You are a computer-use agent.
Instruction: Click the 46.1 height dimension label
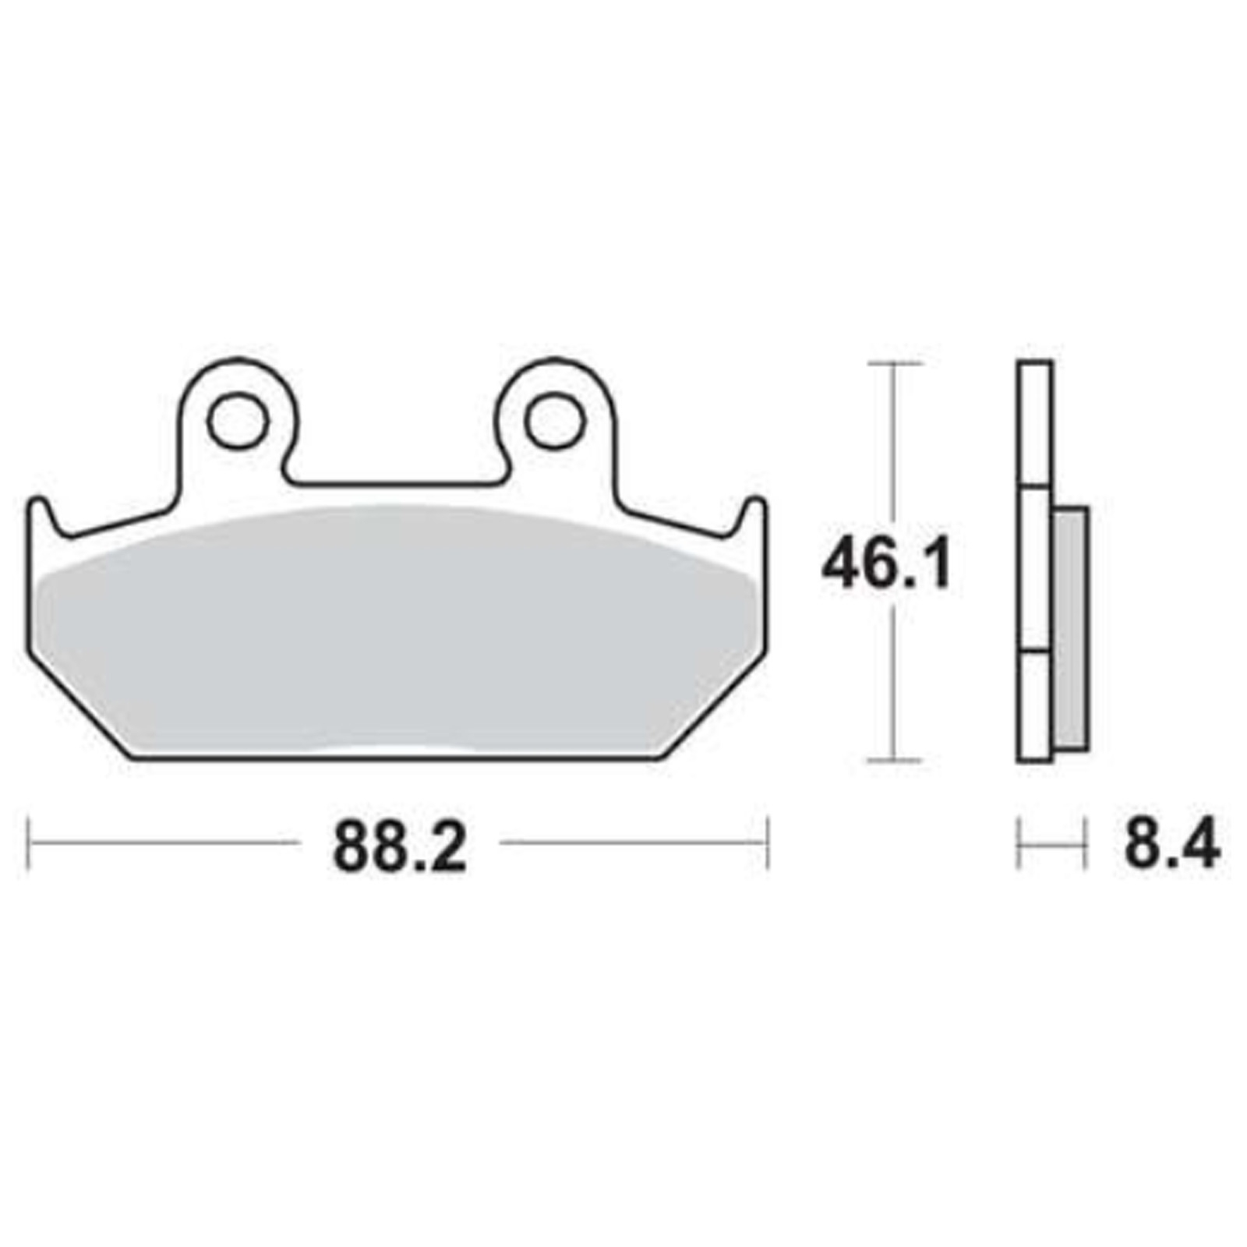coord(886,567)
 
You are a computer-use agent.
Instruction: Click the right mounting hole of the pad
coord(555,422)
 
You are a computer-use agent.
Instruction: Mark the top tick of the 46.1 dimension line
coord(894,364)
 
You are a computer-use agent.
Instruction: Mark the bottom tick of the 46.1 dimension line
coord(894,759)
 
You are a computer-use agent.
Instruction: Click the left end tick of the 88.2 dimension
coord(29,843)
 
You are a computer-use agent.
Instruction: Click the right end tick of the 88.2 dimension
coord(768,843)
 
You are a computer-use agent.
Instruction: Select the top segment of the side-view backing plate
coord(1035,425)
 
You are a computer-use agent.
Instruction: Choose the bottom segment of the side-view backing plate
coord(1035,705)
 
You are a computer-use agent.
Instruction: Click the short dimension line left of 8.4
coord(1051,843)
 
